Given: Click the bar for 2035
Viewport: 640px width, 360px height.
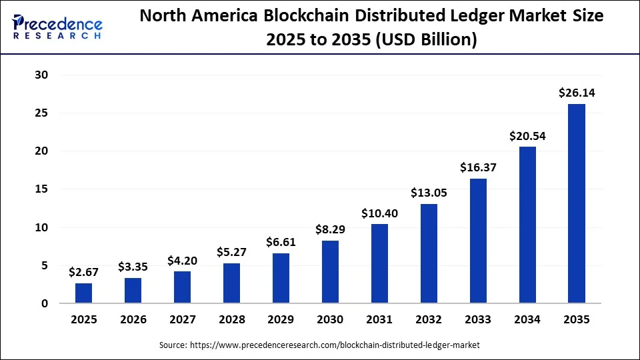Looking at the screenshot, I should click(x=577, y=203).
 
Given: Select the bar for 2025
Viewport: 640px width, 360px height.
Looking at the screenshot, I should click(x=84, y=293).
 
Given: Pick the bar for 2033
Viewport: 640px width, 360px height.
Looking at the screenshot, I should click(x=478, y=241).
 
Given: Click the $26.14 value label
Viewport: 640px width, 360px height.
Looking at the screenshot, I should click(x=577, y=93).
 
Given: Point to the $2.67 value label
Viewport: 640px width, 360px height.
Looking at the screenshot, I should click(x=84, y=272).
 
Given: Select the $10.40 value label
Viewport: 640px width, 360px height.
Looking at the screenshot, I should click(x=379, y=213).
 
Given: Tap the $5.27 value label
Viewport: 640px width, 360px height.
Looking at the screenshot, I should click(x=232, y=252).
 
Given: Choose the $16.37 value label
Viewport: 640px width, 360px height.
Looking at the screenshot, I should click(x=478, y=168).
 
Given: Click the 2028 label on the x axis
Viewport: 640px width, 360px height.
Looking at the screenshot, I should click(x=232, y=320).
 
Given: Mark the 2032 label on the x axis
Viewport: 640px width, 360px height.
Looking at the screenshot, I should click(x=429, y=320).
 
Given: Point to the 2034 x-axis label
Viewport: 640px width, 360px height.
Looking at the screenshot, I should click(x=527, y=320).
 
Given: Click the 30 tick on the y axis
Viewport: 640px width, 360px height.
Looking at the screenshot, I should click(x=41, y=75).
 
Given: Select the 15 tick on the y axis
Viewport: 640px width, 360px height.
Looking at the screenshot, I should click(x=41, y=189).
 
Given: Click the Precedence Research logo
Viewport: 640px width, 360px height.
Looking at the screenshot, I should click(x=57, y=27).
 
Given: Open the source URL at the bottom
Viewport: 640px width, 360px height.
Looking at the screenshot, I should click(x=320, y=345).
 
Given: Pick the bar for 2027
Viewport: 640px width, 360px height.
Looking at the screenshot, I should click(x=183, y=287).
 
